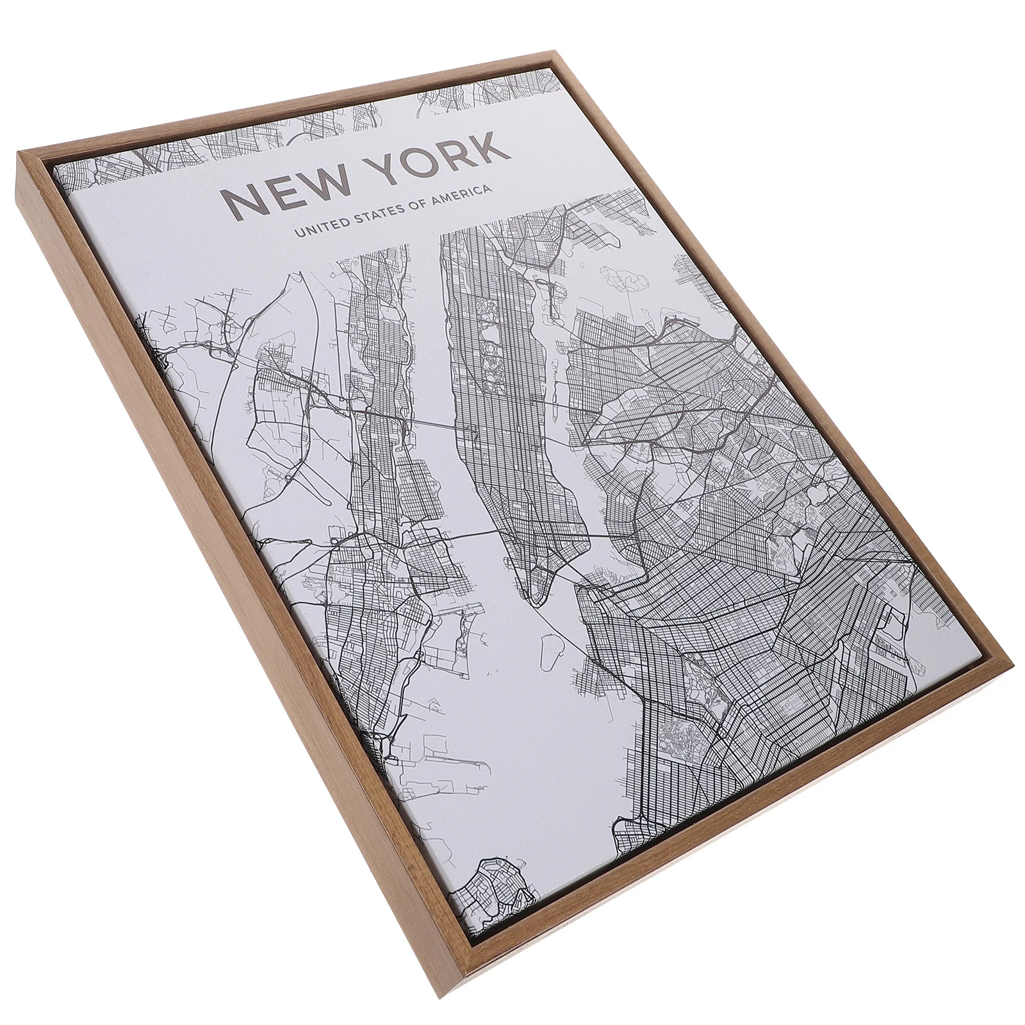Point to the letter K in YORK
493,142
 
